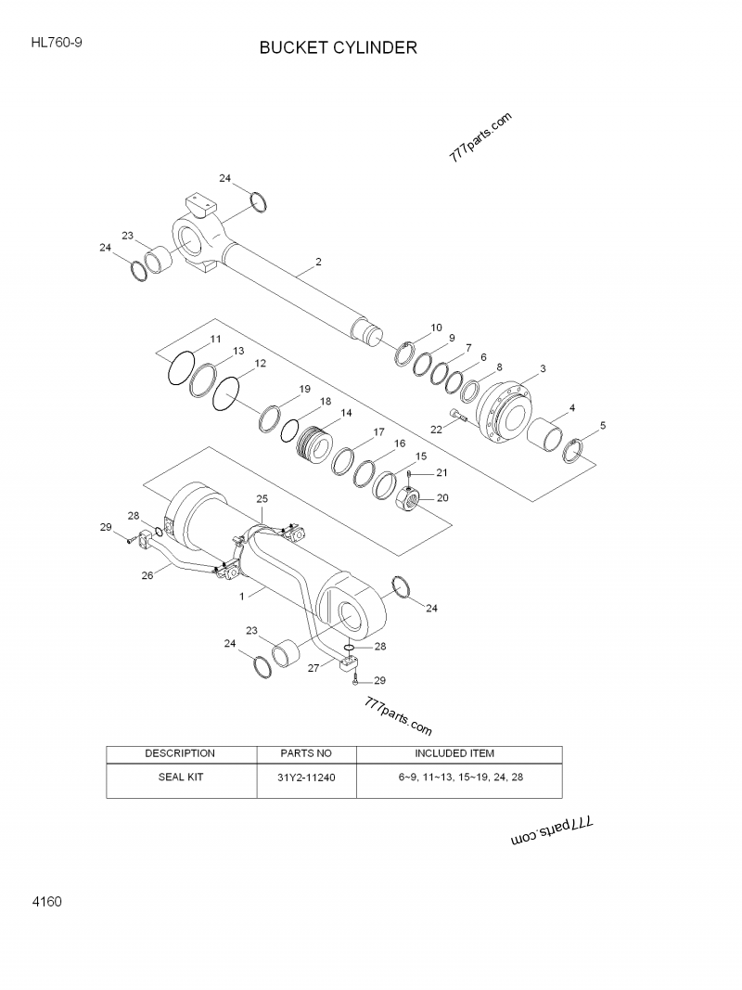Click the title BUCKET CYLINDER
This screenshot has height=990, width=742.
pos(338,47)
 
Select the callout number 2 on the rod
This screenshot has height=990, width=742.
pos(318,263)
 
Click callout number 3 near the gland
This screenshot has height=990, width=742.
pos(543,368)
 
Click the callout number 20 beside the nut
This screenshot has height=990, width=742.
pos(441,498)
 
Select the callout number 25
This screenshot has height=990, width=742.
pos(262,499)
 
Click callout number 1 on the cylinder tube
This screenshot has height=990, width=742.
pos(242,598)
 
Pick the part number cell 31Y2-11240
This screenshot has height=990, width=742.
pos(305,778)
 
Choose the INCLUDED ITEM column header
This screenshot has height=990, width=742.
pos(459,752)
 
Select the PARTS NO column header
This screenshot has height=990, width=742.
pos(305,752)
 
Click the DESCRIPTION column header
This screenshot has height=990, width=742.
pos(180,752)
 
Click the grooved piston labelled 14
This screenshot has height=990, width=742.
pos(315,447)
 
